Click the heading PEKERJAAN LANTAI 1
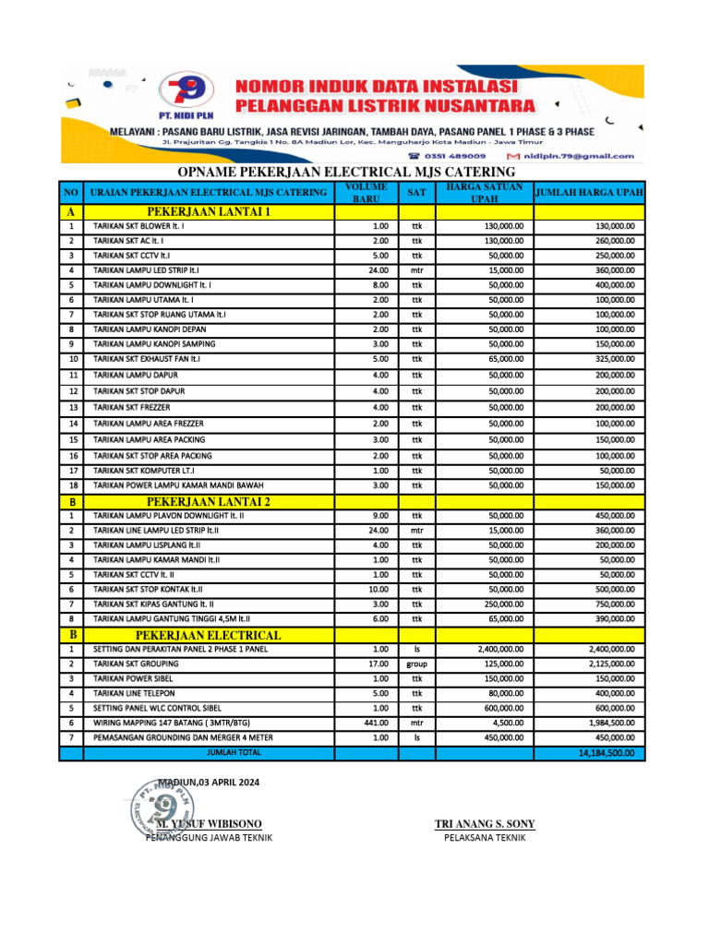[x=209, y=211]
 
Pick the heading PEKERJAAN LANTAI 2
[x=209, y=501]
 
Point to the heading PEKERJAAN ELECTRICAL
[x=209, y=635]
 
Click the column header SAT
[x=416, y=193]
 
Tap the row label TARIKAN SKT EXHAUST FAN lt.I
[x=147, y=358]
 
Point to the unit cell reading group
[x=416, y=664]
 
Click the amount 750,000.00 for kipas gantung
[x=613, y=604]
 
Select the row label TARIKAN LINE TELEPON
[x=134, y=693]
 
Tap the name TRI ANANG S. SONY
[x=485, y=823]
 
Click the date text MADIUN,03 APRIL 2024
[x=209, y=783]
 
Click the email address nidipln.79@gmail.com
[x=581, y=156]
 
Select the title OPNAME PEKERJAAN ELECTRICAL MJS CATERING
[x=346, y=173]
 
